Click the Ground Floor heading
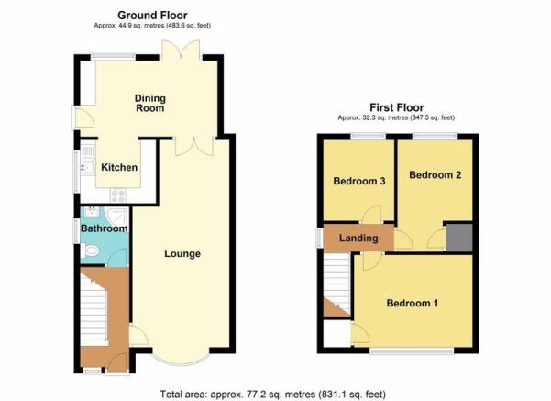(152, 15)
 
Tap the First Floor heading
(397, 107)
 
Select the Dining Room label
(150, 103)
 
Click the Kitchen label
(119, 167)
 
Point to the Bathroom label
(104, 228)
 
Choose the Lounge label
(182, 253)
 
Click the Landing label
(358, 239)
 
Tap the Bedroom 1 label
(413, 303)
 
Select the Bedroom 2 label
(435, 175)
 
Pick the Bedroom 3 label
(359, 181)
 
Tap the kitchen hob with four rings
(118, 195)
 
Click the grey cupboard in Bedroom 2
(459, 238)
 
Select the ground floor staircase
(94, 307)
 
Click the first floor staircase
(336, 284)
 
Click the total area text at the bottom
(272, 394)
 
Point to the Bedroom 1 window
(412, 351)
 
